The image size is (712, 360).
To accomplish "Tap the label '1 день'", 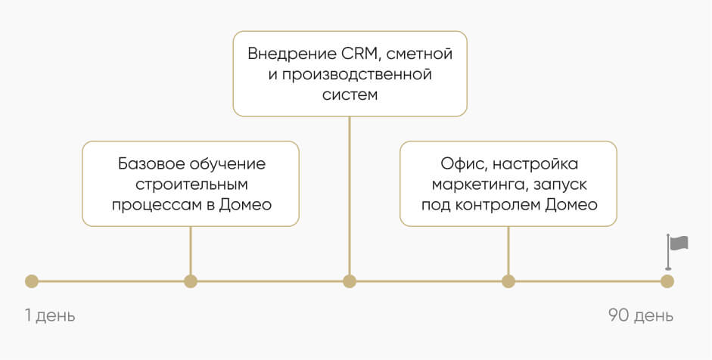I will click(x=50, y=315).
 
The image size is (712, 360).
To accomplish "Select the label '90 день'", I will click(x=641, y=315).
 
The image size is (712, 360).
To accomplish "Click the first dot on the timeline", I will click(x=31, y=281).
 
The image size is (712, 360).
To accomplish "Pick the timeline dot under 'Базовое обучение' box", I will click(x=191, y=281).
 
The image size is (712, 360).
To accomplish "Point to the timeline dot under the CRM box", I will click(x=350, y=281).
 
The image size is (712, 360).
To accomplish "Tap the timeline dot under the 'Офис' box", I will click(x=508, y=281).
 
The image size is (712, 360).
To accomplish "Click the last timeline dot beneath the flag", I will click(x=667, y=281).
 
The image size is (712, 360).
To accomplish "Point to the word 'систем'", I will click(x=350, y=95).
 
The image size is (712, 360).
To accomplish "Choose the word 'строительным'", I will click(x=191, y=185).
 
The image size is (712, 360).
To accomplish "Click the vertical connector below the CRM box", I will click(x=350, y=197).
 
